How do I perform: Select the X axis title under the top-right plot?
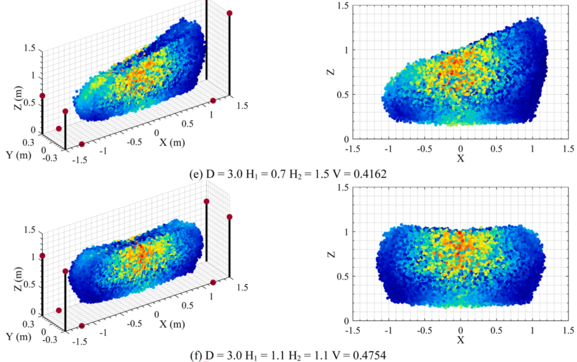pyautogui.click(x=461, y=158)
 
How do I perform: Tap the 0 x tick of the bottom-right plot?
pyautogui.click(x=461, y=330)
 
